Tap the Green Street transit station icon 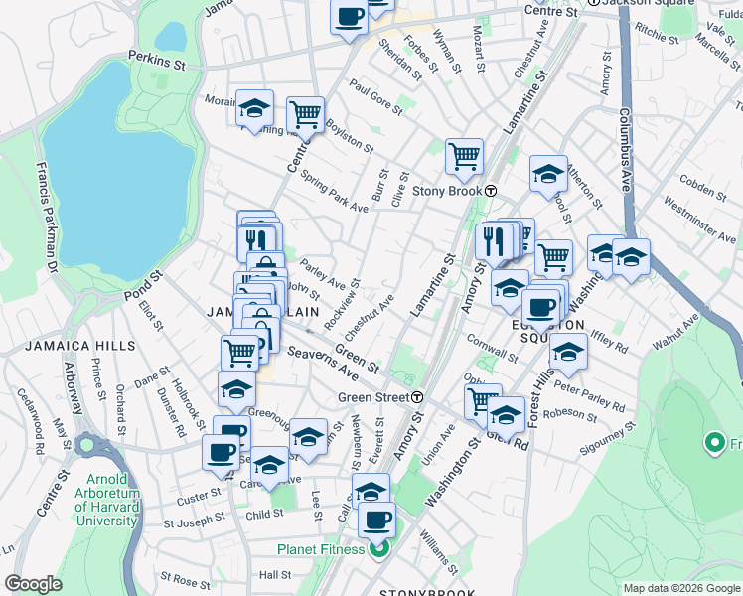point(418,397)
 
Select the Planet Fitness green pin point(378,549)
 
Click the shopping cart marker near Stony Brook point(464,155)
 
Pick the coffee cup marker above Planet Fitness point(376,519)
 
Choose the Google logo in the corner point(33,584)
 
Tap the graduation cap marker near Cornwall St point(568,352)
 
